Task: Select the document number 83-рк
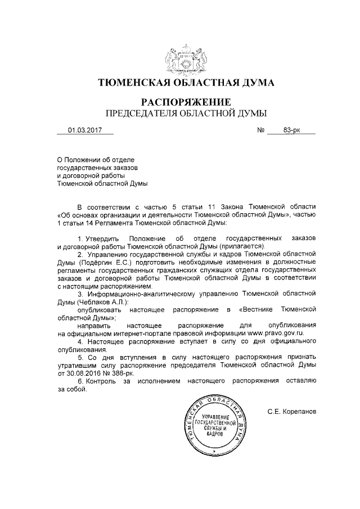291,130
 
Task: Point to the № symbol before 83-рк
260,130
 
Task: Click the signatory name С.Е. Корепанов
292,412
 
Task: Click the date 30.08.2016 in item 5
85,373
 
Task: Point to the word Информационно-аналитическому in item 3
141,294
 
